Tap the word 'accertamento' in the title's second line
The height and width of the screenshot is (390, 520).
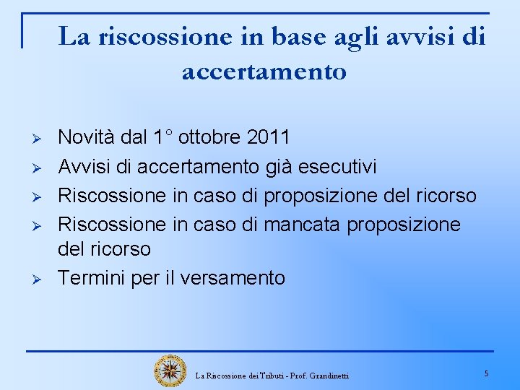pos(264,71)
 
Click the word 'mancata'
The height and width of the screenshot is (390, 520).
pos(303,225)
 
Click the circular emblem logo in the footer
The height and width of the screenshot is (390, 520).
pos(170,370)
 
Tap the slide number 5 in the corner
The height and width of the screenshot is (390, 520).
pos(486,373)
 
